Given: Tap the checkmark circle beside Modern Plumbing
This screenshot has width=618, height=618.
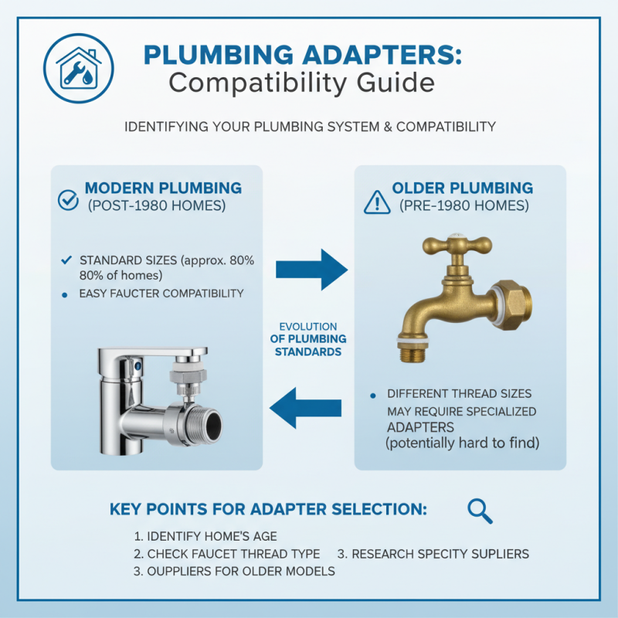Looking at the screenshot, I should pos(68,199).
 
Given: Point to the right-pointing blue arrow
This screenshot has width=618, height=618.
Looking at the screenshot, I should pos(312,269).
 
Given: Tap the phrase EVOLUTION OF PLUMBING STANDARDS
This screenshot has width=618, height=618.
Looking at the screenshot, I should pos(308,339).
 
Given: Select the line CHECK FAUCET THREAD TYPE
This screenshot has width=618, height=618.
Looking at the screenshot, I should pos(226,554).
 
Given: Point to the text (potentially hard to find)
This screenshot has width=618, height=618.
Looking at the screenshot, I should pos(463,443).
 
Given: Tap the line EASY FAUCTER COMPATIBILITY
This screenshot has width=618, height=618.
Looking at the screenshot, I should pos(161,294).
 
